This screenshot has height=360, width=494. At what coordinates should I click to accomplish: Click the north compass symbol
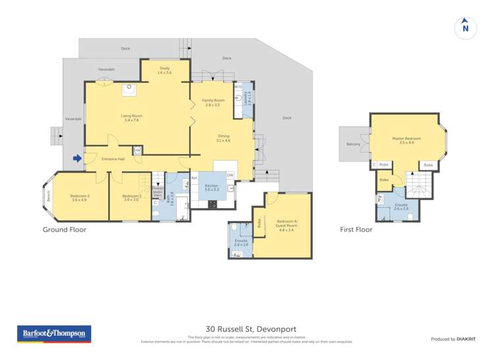coord(465,28)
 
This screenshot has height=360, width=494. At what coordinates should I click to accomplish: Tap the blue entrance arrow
coord(78,158)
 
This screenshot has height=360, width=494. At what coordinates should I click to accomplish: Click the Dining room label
coord(223,138)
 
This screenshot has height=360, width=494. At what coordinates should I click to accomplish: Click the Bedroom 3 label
coord(131,197)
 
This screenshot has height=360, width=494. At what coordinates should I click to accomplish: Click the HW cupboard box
coord(137,151)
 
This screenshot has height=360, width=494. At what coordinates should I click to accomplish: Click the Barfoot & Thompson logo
coord(53,334)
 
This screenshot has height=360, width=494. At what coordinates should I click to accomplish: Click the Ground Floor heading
coord(65,230)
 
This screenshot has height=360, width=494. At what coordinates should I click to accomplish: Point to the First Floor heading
coord(356,230)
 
